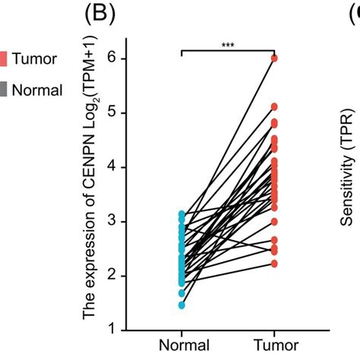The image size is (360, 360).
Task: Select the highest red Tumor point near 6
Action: [275, 58]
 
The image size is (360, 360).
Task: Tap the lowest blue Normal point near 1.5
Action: [182, 305]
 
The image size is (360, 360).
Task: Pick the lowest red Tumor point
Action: [275, 264]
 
